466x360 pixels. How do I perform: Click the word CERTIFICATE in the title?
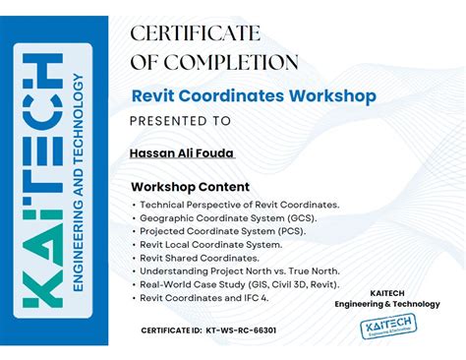[196, 33]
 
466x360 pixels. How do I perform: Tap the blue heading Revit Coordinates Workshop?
[254, 96]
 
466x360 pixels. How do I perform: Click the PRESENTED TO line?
[181, 122]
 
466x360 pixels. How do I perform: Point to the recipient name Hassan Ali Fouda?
[183, 152]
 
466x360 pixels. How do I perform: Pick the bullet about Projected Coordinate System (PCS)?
[221, 230]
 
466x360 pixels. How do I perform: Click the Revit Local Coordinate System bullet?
[210, 244]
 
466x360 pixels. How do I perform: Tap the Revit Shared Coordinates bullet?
[200, 257]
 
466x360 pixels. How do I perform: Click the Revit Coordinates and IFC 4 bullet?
[204, 297]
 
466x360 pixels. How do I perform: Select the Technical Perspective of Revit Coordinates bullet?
[239, 204]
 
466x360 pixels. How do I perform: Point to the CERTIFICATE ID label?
[171, 330]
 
